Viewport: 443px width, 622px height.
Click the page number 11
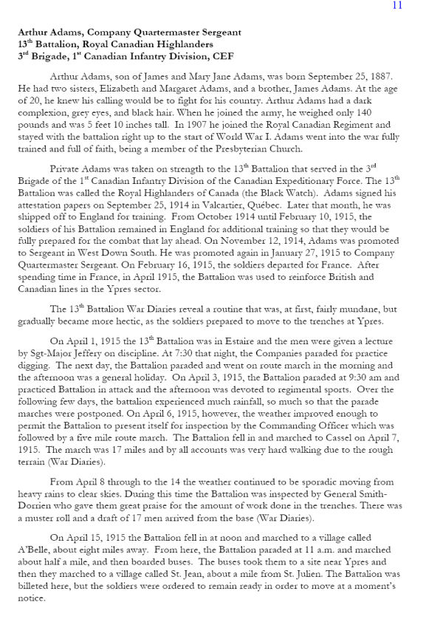[x=397, y=5]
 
